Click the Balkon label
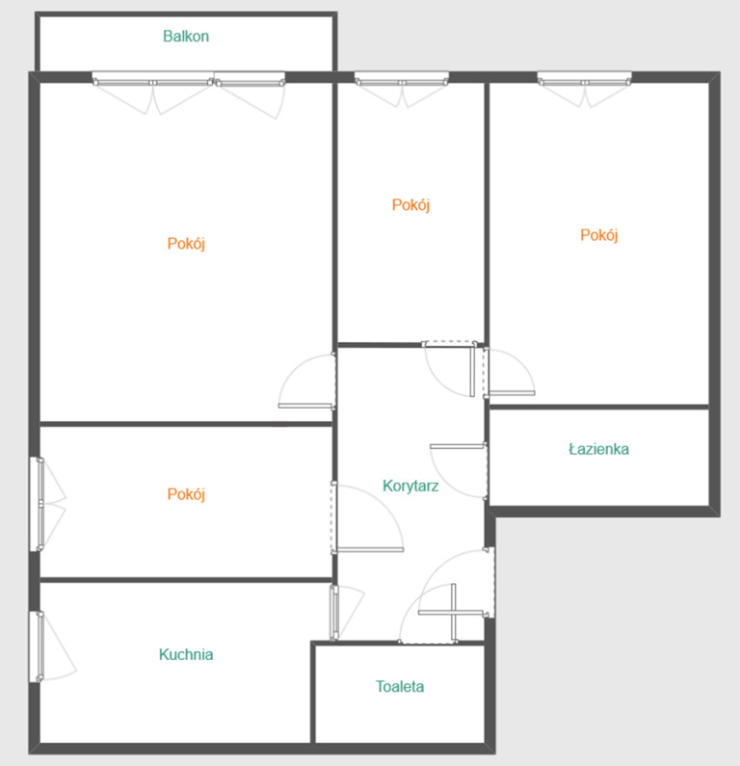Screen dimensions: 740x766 click(x=186, y=37)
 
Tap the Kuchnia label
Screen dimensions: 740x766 click(x=186, y=654)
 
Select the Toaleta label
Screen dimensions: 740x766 click(x=400, y=686)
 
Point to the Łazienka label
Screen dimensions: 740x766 click(x=598, y=449)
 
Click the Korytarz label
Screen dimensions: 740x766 click(x=410, y=486)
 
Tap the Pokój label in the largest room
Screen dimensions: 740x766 click(x=186, y=243)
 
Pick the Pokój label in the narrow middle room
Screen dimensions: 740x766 click(x=410, y=204)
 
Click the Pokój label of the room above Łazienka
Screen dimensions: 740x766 click(x=598, y=235)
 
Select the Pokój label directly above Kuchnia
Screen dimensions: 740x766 click(x=186, y=494)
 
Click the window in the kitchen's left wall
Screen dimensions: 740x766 click(x=37, y=646)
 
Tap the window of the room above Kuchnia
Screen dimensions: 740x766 click(x=37, y=504)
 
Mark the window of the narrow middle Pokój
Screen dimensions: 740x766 click(x=401, y=78)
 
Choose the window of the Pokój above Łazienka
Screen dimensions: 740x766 click(x=584, y=78)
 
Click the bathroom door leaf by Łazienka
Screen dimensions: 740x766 click(x=458, y=446)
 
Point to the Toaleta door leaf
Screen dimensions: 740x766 click(x=453, y=612)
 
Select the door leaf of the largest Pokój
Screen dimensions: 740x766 click(x=306, y=406)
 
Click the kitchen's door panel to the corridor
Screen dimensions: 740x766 click(x=335, y=613)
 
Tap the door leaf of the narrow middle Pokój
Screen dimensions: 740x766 click(x=473, y=371)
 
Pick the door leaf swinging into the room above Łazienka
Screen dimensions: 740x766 click(x=512, y=393)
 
